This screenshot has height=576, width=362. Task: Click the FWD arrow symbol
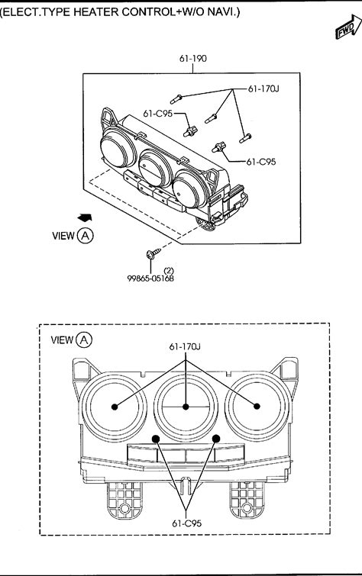pyautogui.click(x=348, y=27)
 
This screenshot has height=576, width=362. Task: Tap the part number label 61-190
pyautogui.click(x=193, y=59)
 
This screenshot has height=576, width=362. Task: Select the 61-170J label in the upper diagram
pyautogui.click(x=263, y=88)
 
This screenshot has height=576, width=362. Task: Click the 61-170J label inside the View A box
pyautogui.click(x=185, y=346)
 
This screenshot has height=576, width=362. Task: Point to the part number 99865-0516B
pyautogui.click(x=150, y=278)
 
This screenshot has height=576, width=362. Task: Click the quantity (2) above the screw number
pyautogui.click(x=169, y=272)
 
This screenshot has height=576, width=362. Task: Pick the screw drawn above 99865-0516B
pyautogui.click(x=154, y=253)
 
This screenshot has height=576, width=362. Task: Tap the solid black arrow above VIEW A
pyautogui.click(x=85, y=218)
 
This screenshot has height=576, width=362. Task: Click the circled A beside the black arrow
pyautogui.click(x=86, y=236)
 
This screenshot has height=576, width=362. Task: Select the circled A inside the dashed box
pyautogui.click(x=84, y=339)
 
